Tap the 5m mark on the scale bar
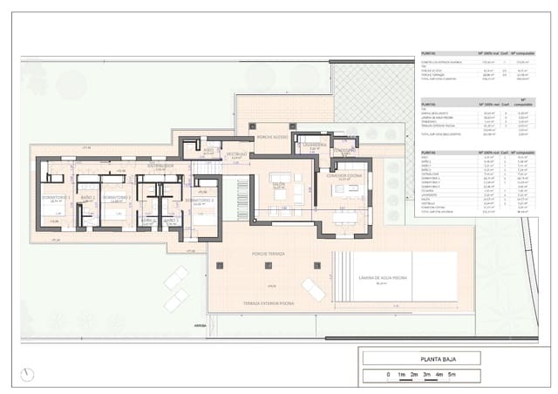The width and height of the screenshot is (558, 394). tap(453, 375)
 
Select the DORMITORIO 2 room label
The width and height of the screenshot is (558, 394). tap(117, 198)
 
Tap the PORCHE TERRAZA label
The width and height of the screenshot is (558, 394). tap(270, 254)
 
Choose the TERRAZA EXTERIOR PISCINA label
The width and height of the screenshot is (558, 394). tap(269, 302)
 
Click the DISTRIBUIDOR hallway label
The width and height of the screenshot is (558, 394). tap(160, 165)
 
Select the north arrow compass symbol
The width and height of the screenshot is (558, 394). tap(27, 374)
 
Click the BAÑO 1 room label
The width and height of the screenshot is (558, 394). tap(86, 198)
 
